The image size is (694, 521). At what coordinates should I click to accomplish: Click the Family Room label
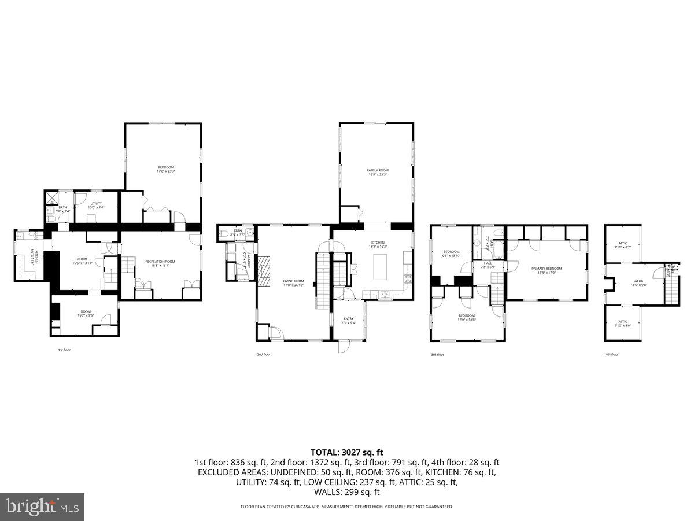[x=377, y=172]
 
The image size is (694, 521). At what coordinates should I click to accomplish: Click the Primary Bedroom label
[x=547, y=270]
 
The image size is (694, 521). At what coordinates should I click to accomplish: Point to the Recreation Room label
[x=160, y=263]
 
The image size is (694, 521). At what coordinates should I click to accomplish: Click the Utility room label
[x=95, y=205]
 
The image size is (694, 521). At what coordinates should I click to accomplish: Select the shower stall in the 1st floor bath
[x=50, y=197]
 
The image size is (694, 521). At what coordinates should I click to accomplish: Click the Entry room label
[x=348, y=321]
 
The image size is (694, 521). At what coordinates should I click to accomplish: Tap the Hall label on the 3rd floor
[x=488, y=265]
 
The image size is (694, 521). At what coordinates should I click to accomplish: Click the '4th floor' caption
[x=611, y=354]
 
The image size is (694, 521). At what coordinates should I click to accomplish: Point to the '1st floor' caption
[x=64, y=350]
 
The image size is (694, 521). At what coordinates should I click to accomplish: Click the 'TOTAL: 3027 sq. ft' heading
[x=346, y=452]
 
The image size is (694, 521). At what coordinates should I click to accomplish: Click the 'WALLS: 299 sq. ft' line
[x=346, y=492]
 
